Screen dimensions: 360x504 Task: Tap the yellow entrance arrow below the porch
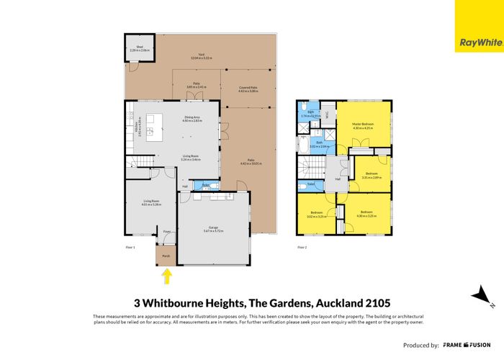167,274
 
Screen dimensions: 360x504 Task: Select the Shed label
132,48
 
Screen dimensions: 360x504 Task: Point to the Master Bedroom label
366,124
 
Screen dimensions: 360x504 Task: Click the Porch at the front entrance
166,255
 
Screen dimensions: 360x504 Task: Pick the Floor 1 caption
122,247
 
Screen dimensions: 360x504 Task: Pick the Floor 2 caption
302,247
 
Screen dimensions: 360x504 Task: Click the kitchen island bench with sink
150,131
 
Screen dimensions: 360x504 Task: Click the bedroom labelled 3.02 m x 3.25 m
318,214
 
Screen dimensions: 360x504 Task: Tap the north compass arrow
478,295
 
